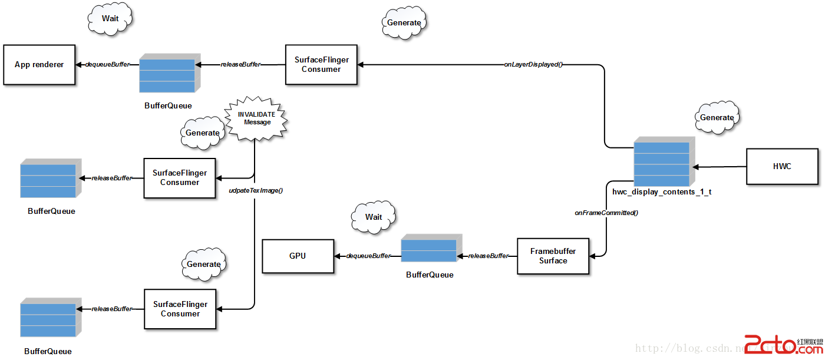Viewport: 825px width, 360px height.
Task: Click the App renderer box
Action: point(39,65)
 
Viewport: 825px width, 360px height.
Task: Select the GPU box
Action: point(298,256)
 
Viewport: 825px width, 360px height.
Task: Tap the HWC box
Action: point(782,167)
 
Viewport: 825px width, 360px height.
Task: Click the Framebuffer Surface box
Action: point(553,256)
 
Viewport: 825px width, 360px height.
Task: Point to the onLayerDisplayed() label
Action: point(533,64)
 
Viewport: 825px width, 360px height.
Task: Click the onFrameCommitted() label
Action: point(606,213)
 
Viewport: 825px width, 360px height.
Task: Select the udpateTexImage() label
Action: point(256,191)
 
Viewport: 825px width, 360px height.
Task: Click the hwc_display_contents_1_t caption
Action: point(662,192)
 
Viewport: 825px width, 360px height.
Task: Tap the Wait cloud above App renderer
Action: point(110,19)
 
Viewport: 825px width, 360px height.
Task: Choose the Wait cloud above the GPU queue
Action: point(374,217)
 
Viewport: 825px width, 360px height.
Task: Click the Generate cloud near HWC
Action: point(717,118)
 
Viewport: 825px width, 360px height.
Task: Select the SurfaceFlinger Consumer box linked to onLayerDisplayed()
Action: point(321,65)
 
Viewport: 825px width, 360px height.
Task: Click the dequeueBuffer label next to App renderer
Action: point(108,64)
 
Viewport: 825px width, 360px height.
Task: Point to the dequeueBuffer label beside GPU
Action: point(368,256)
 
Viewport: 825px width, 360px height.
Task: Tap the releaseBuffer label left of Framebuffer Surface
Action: point(488,256)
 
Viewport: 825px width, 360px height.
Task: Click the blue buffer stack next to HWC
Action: point(662,163)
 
